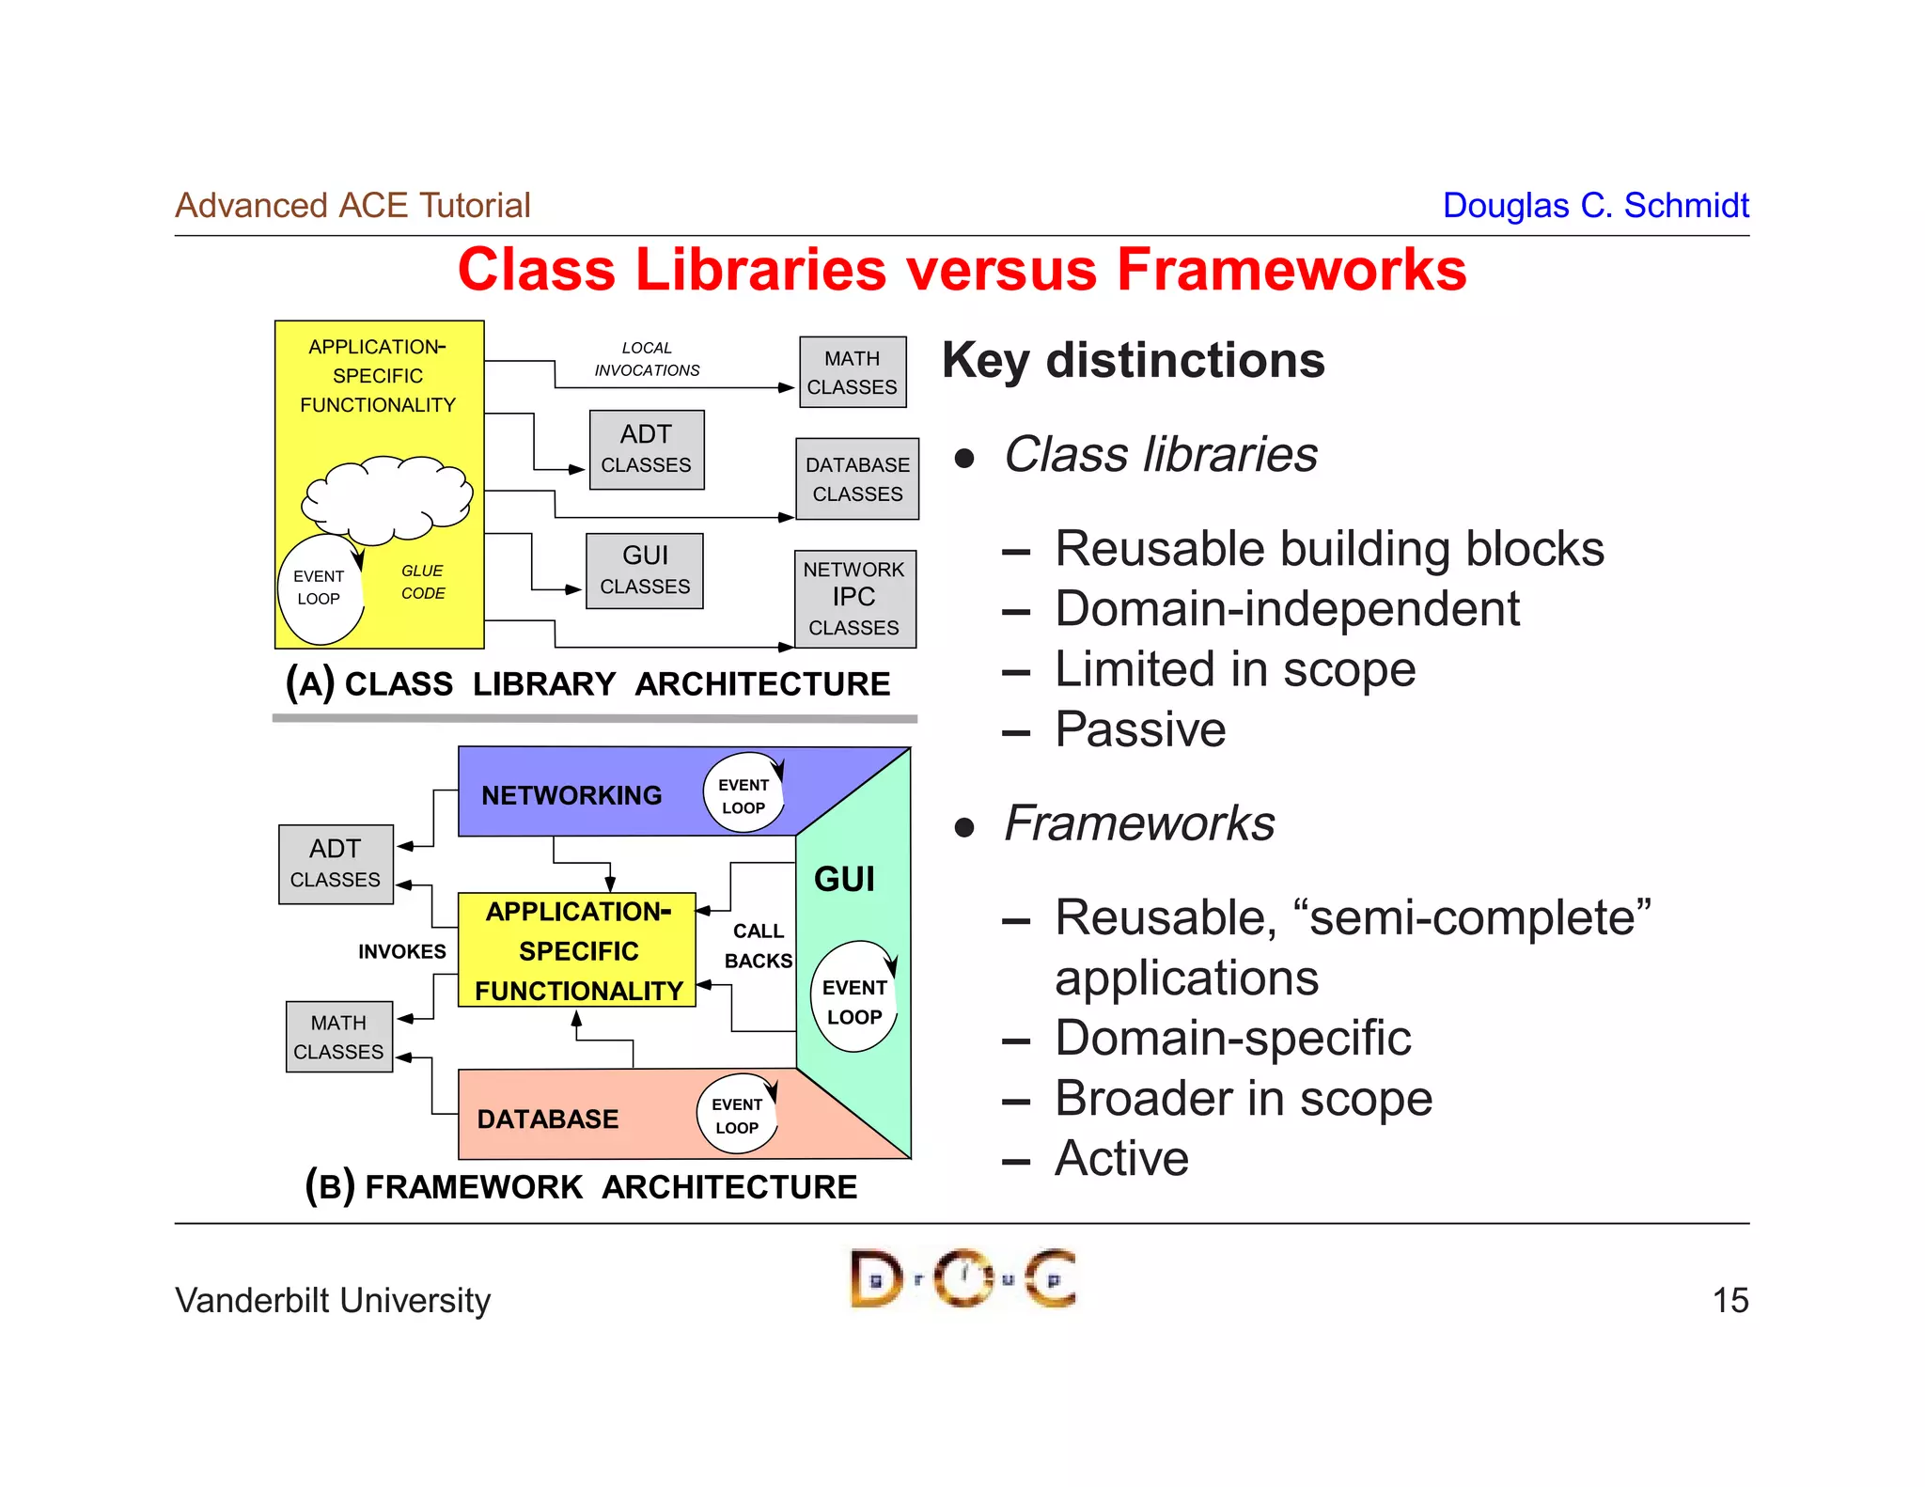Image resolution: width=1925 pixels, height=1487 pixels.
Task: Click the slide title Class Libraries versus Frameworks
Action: click(x=962, y=270)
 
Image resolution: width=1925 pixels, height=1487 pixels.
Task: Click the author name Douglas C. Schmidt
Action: click(x=1595, y=205)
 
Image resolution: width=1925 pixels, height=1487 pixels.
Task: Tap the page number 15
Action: click(x=1729, y=1300)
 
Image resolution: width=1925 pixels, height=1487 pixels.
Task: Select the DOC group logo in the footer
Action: click(x=962, y=1278)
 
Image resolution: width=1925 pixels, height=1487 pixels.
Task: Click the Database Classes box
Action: click(x=857, y=479)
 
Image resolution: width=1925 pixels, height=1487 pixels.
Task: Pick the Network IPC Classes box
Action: click(x=854, y=599)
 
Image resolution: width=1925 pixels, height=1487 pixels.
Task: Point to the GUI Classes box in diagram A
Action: click(x=645, y=571)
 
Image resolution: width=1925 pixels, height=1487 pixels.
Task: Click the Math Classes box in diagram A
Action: click(x=853, y=372)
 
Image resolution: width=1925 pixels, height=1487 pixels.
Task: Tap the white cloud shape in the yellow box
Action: click(x=387, y=498)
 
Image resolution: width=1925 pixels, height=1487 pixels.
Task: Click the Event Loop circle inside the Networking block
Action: click(x=743, y=794)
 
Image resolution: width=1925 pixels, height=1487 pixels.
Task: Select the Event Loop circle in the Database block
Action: click(x=737, y=1115)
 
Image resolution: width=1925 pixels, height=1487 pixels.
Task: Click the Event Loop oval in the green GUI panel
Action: click(x=853, y=998)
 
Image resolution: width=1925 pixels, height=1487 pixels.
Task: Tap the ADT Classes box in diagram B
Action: click(x=336, y=864)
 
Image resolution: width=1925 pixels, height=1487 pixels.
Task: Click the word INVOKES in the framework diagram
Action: click(x=401, y=951)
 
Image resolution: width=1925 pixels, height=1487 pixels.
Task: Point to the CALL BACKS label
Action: click(x=758, y=946)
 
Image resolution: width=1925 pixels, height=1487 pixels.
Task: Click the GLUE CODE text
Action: click(x=422, y=582)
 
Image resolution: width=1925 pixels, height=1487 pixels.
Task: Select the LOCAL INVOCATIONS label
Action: click(x=647, y=359)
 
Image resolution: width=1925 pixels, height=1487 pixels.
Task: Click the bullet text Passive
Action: click(x=1139, y=729)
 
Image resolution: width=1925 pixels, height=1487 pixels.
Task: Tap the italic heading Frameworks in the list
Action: click(x=1138, y=823)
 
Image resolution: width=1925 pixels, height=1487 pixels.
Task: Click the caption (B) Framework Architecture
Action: click(x=581, y=1186)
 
